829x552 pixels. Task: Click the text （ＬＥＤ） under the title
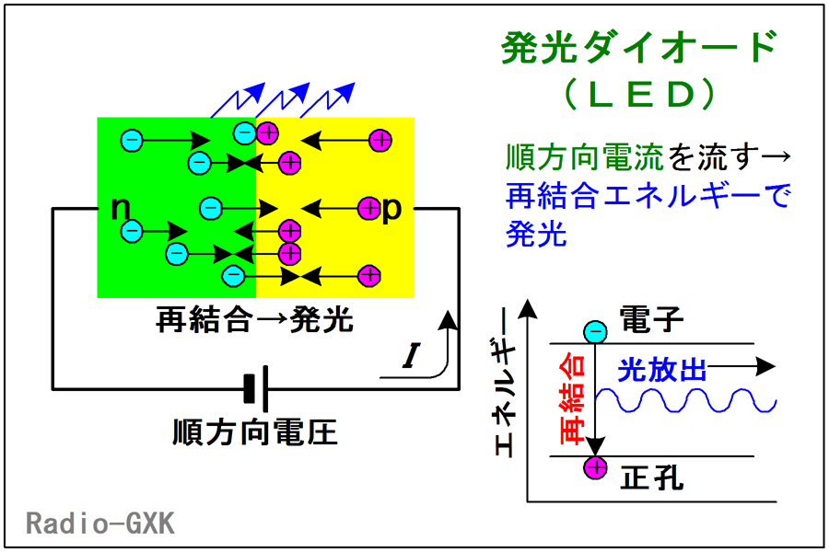click(x=639, y=95)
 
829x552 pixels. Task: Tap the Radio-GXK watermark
click(x=99, y=523)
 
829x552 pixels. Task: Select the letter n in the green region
click(x=121, y=208)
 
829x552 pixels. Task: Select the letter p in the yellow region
click(x=391, y=210)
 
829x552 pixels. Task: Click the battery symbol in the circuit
click(x=256, y=389)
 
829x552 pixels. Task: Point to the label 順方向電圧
click(x=255, y=432)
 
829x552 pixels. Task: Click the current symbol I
click(x=412, y=355)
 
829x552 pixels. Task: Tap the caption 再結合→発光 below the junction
click(x=255, y=319)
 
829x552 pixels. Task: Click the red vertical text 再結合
click(x=573, y=400)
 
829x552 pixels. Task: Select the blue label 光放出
click(x=662, y=370)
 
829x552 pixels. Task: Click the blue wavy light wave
click(x=685, y=400)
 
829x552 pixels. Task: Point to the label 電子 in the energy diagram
click(x=651, y=319)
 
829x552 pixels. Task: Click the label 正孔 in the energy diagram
click(x=651, y=478)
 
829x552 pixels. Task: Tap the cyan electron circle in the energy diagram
click(x=595, y=332)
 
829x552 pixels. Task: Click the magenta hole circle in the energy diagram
click(x=595, y=467)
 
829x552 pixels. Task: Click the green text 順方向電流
click(x=585, y=157)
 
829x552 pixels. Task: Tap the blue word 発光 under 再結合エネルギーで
click(x=537, y=234)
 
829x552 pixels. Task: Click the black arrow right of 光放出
click(x=741, y=366)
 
